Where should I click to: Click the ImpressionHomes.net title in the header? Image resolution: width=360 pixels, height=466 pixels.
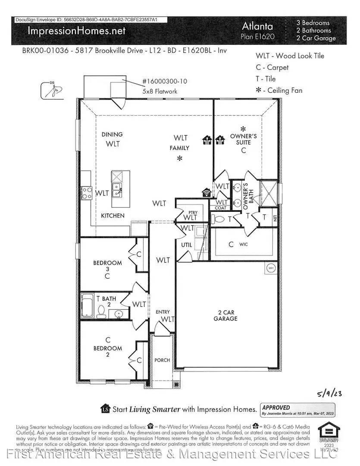76,31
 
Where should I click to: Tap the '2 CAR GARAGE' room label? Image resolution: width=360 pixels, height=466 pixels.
225,315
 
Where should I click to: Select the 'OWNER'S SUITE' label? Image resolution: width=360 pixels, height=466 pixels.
243,139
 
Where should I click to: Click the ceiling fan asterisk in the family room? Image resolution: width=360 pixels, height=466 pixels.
180,159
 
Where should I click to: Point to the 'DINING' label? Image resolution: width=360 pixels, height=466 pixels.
112,134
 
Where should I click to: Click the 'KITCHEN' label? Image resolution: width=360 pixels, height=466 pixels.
113,215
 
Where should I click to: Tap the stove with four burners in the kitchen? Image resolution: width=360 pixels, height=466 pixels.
86,193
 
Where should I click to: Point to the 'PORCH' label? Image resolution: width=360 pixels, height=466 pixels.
162,360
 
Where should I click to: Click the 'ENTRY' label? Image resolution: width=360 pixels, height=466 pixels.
163,312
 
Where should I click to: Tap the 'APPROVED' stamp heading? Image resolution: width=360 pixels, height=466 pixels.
276,407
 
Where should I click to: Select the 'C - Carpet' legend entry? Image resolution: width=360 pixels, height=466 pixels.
272,67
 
